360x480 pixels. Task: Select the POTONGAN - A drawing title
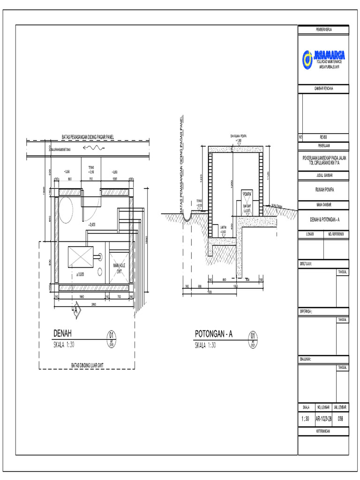click(x=214, y=334)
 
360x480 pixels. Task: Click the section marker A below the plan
click(x=75, y=310)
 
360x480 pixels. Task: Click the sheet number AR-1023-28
click(x=323, y=419)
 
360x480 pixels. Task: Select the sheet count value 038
click(x=341, y=419)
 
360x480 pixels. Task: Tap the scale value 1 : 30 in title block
click(x=305, y=419)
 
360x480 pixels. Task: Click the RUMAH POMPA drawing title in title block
click(x=323, y=190)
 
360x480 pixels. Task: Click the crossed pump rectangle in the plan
click(x=81, y=257)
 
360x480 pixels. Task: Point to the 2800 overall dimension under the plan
click(x=94, y=304)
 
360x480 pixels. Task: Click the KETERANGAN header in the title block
click(x=323, y=431)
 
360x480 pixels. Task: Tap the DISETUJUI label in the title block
click(x=306, y=264)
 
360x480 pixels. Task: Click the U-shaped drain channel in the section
click(x=186, y=216)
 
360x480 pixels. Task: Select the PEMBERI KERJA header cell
click(x=323, y=30)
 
